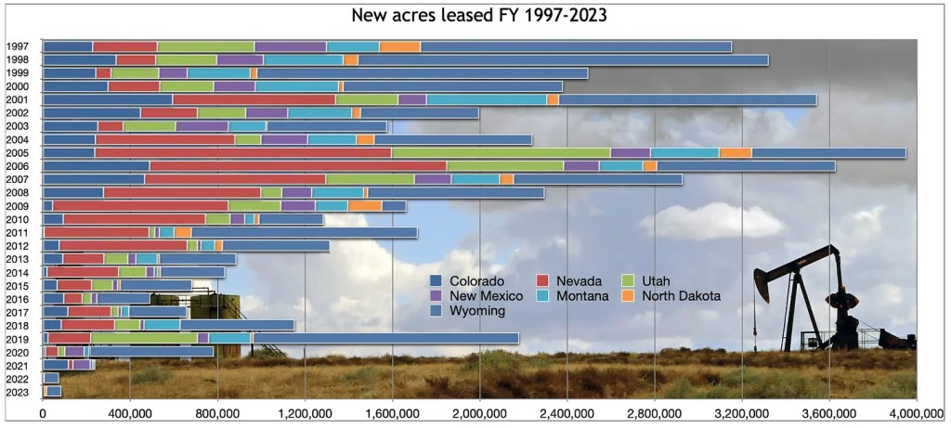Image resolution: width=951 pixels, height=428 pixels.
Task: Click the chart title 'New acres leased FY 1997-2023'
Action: pyautogui.click(x=475, y=17)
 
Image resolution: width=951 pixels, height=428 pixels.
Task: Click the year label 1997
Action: pyautogui.click(x=18, y=46)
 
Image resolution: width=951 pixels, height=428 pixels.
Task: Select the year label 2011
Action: pyautogui.click(x=18, y=232)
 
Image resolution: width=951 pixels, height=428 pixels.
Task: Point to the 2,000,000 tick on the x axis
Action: pyautogui.click(x=479, y=412)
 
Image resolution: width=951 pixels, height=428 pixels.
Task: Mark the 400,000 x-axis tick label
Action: pyautogui.click(x=130, y=412)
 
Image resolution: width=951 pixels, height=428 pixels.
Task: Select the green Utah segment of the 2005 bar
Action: pyautogui.click(x=502, y=152)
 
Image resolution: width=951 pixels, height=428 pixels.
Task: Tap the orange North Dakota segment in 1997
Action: pyautogui.click(x=399, y=46)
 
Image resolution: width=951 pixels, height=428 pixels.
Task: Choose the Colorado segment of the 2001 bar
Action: pyautogui.click(x=108, y=99)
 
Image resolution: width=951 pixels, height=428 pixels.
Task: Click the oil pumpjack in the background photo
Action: pyautogui.click(x=817, y=297)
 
